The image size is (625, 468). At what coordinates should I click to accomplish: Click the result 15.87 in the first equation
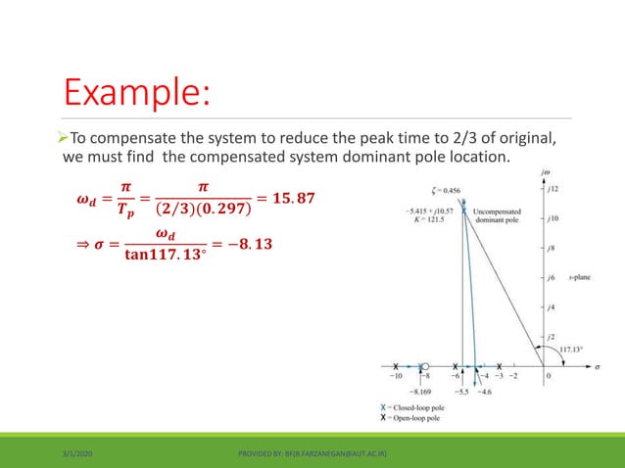(x=290, y=200)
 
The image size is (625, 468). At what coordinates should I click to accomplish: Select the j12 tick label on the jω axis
(x=553, y=189)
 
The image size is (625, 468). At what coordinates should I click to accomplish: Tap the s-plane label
(x=575, y=278)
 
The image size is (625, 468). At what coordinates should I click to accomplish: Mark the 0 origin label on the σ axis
(x=548, y=374)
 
